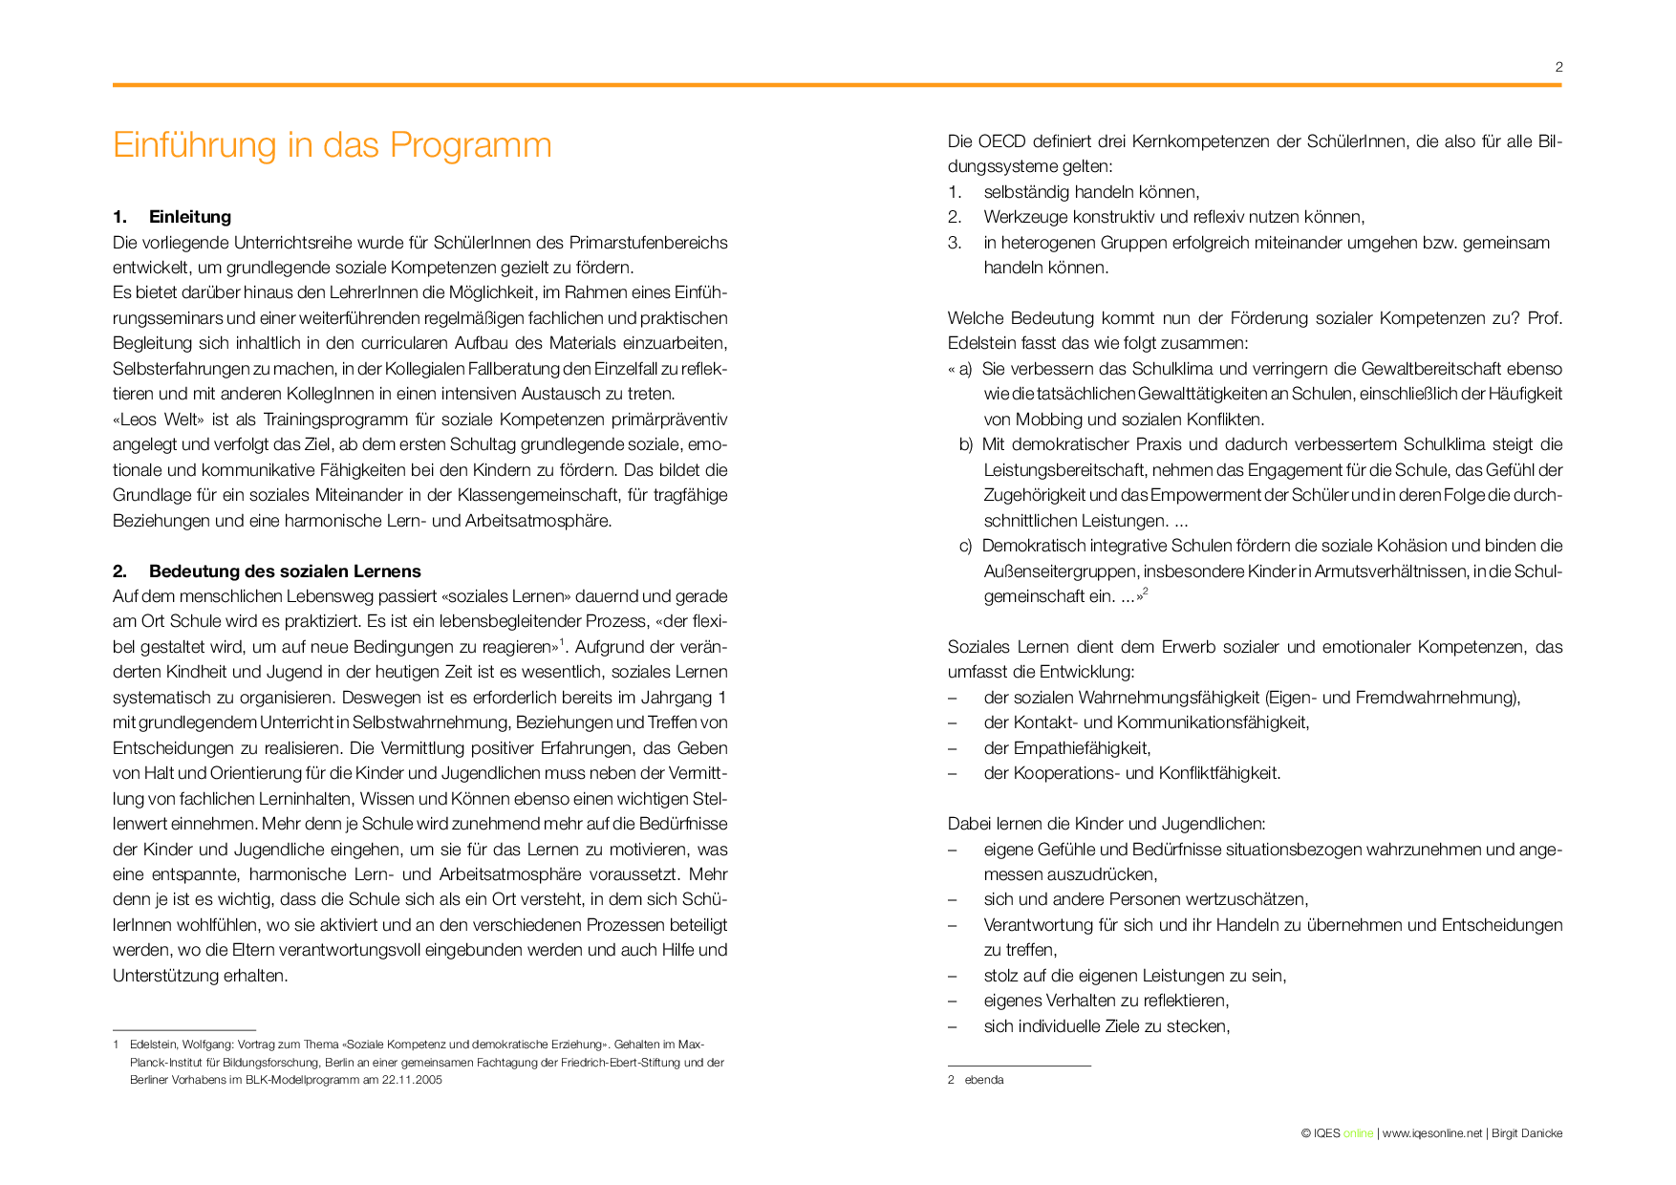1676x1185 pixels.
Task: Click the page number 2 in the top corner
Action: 1558,67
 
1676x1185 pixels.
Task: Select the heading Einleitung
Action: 189,217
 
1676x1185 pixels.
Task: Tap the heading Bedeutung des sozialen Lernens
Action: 285,571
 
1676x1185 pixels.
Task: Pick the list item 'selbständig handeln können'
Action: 1091,192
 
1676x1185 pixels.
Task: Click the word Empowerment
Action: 1205,495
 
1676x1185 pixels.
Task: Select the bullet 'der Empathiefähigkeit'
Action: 1067,748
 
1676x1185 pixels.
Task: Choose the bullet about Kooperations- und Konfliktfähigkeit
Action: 1132,773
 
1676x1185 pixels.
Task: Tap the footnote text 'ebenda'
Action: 984,1080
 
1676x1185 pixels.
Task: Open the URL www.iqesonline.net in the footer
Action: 1431,1133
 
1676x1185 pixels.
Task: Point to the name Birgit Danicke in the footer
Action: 1527,1133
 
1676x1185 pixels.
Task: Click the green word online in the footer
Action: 1358,1133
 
